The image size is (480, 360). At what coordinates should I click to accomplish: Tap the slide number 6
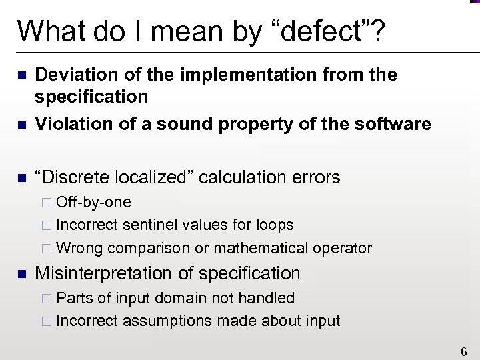point(463,348)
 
